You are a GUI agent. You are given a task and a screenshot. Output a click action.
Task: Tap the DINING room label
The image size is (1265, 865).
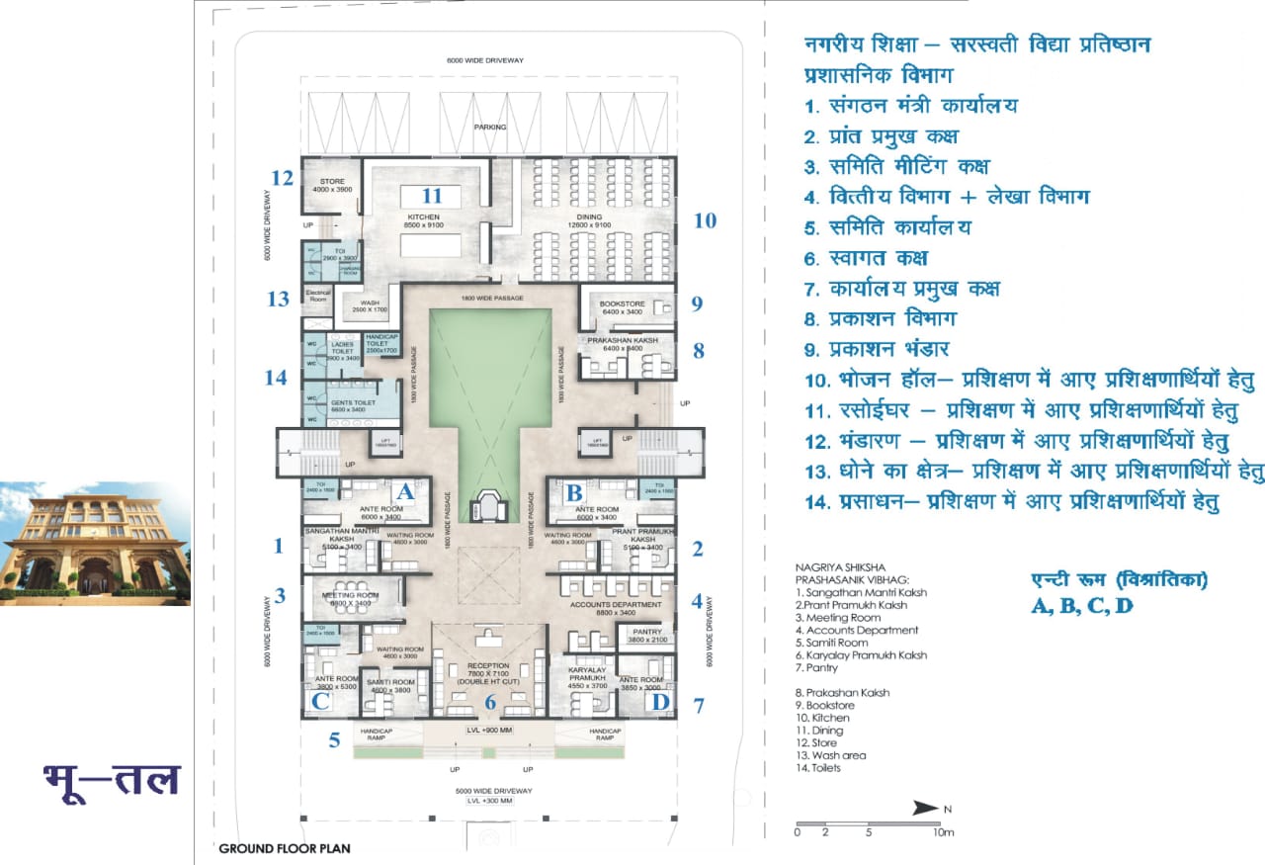pyautogui.click(x=584, y=216)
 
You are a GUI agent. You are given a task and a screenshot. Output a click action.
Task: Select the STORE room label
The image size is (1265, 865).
pyautogui.click(x=331, y=182)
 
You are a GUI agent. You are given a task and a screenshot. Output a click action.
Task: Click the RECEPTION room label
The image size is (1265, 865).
pyautogui.click(x=487, y=666)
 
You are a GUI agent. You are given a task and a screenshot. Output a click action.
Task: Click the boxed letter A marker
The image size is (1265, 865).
pyautogui.click(x=403, y=490)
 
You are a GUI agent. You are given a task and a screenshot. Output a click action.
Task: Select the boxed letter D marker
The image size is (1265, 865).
pyautogui.click(x=660, y=702)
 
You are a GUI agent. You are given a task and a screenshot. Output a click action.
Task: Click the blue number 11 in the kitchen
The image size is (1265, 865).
pyautogui.click(x=432, y=196)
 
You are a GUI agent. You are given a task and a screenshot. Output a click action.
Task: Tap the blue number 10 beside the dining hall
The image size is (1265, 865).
pyautogui.click(x=705, y=220)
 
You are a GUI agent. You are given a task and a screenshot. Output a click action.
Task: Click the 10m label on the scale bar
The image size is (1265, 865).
pyautogui.click(x=944, y=832)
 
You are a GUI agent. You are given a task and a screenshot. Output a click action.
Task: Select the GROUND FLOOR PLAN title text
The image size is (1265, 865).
pyautogui.click(x=284, y=848)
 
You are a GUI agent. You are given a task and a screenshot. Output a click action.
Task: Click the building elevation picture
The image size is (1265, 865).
pyautogui.click(x=95, y=544)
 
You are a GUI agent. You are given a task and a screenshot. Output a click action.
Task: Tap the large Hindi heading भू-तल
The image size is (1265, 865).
pyautogui.click(x=112, y=779)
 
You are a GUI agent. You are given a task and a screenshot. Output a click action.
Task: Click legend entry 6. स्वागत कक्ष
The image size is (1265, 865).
pyautogui.click(x=866, y=258)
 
